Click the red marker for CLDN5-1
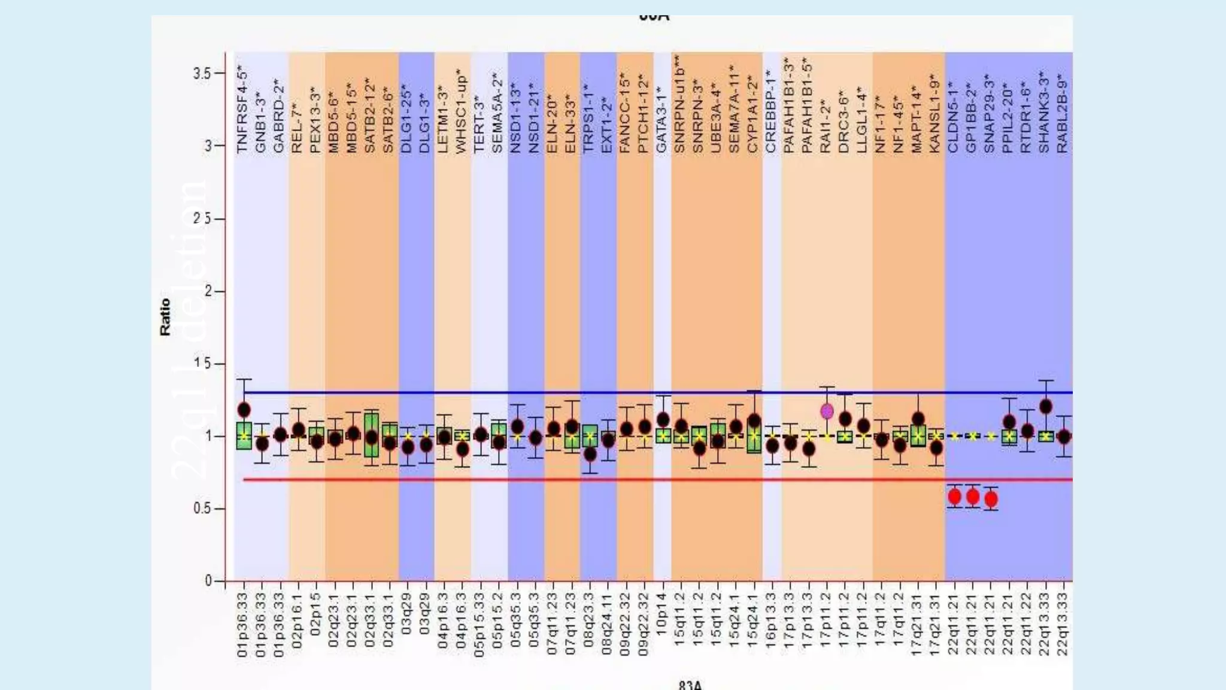(954, 497)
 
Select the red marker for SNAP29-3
(991, 499)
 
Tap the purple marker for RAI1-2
(827, 411)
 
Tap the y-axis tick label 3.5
(202, 74)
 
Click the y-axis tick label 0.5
(202, 509)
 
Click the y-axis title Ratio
(165, 317)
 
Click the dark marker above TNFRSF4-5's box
(244, 410)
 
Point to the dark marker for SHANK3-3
(1045, 407)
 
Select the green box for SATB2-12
(371, 435)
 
